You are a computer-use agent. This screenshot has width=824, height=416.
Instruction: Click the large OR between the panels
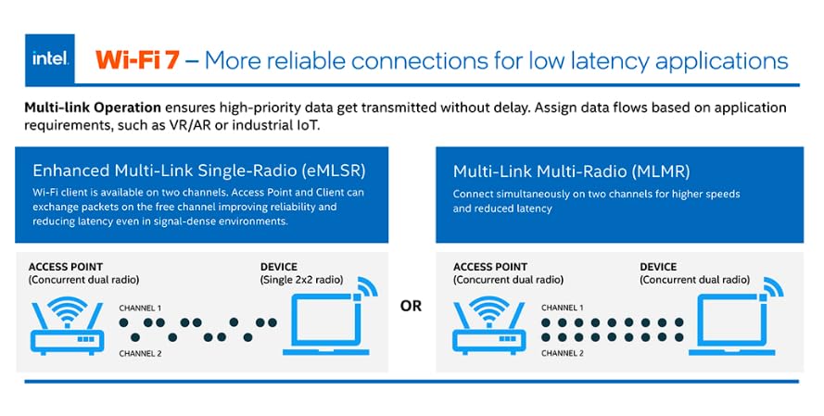[x=410, y=306]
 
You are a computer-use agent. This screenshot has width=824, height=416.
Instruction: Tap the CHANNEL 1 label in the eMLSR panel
[x=141, y=307]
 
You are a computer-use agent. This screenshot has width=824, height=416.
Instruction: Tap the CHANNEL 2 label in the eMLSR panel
[x=141, y=354]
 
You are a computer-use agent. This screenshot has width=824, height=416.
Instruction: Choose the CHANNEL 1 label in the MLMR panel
[x=562, y=307]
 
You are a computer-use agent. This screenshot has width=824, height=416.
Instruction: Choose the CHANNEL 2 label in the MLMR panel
[x=562, y=354]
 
